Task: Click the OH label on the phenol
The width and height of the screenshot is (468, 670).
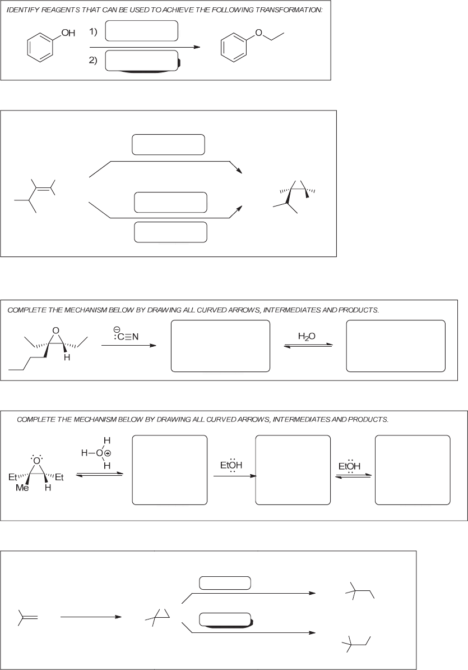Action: pyautogui.click(x=68, y=33)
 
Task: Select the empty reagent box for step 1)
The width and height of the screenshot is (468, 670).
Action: pyautogui.click(x=141, y=31)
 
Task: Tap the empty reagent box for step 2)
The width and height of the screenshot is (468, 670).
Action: pyautogui.click(x=141, y=61)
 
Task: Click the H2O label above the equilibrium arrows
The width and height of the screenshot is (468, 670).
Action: pyautogui.click(x=307, y=336)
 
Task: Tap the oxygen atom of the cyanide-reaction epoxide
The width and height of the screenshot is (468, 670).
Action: pyautogui.click(x=55, y=330)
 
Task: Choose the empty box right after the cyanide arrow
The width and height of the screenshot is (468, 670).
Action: pyautogui.click(x=220, y=346)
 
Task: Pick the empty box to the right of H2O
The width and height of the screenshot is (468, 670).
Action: pyautogui.click(x=396, y=346)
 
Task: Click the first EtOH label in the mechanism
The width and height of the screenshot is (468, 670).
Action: pyautogui.click(x=231, y=466)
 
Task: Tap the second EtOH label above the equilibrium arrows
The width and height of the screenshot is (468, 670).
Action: pyautogui.click(x=350, y=466)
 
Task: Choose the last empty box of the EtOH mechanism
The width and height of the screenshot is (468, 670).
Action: pyautogui.click(x=412, y=470)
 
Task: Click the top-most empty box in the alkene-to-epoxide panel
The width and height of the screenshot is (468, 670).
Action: pyautogui.click(x=168, y=144)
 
